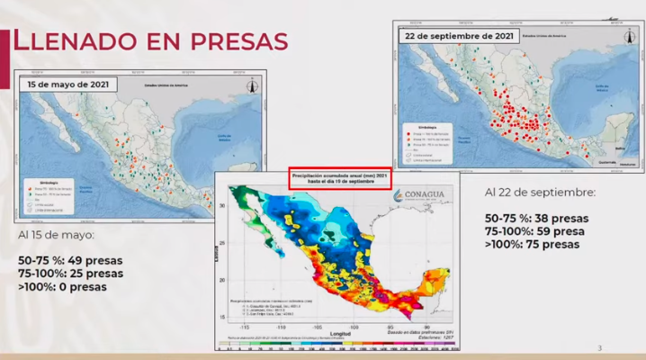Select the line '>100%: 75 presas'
533,244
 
